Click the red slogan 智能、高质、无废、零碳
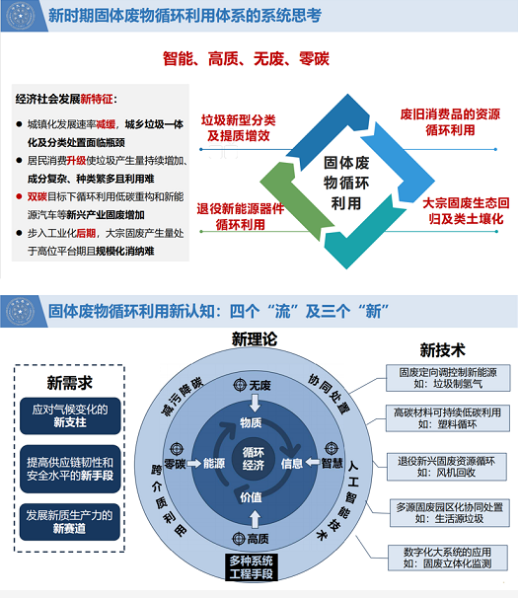coord(246,59)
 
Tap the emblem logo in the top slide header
coord(21,16)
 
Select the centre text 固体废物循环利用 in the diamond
coord(346,184)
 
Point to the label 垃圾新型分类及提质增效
coord(239,127)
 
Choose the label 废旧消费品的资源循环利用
coord(450,122)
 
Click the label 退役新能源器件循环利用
coord(241,216)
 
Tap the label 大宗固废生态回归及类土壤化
coord(466,210)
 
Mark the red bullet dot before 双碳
coord(19,196)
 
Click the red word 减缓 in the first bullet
coord(106,124)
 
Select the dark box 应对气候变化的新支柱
coord(70,416)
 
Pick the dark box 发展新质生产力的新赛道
coord(70,522)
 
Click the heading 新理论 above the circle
coord(255,339)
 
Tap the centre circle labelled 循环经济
coord(254,459)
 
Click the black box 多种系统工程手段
coord(251,567)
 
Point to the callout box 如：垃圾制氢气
coord(448,378)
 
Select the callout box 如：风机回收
coord(447,467)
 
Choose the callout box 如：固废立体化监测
coord(448,558)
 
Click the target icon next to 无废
coord(240,385)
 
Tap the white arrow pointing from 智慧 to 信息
coord(313,463)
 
